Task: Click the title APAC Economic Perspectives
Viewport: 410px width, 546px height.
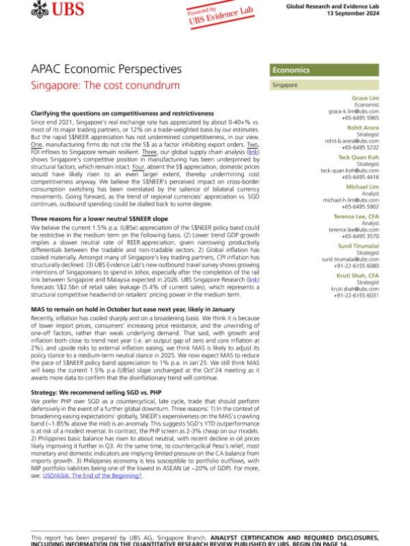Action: pos(106,70)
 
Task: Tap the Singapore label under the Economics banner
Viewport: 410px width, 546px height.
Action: pos(284,85)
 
